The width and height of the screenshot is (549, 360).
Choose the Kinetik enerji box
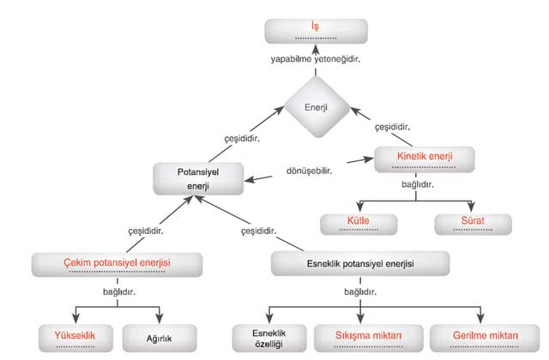coord(425,160)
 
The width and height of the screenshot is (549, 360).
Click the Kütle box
coord(359,224)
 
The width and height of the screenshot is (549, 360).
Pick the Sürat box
coord(473,224)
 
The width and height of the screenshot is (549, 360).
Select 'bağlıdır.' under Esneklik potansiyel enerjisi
coord(360,291)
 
